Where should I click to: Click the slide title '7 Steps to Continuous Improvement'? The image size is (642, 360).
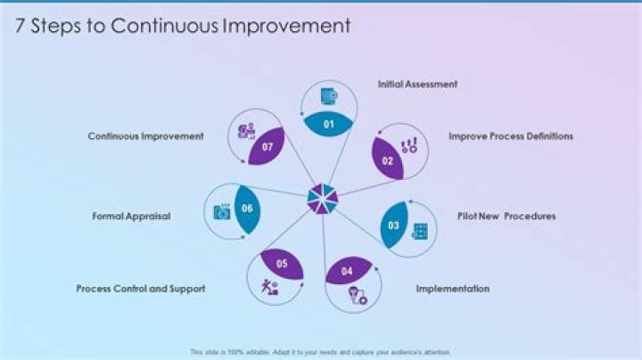point(183,27)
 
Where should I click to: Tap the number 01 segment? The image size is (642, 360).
point(327,123)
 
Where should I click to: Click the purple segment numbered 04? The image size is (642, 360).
point(347,270)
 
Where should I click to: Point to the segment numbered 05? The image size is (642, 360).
point(283,263)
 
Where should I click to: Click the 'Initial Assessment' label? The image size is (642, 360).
point(417,84)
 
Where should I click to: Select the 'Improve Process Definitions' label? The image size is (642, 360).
point(510,136)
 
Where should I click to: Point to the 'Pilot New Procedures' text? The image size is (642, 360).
point(506,216)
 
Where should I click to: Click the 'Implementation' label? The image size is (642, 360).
point(452,289)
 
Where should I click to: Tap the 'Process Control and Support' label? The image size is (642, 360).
point(141,289)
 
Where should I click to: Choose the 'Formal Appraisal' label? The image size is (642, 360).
point(131,216)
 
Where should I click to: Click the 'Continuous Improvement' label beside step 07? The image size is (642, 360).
point(145,136)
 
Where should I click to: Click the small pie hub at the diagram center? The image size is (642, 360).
point(321,198)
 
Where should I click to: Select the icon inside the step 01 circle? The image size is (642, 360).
point(329,96)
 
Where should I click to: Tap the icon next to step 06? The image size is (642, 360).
point(221,212)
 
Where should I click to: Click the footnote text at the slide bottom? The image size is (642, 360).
point(321,352)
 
